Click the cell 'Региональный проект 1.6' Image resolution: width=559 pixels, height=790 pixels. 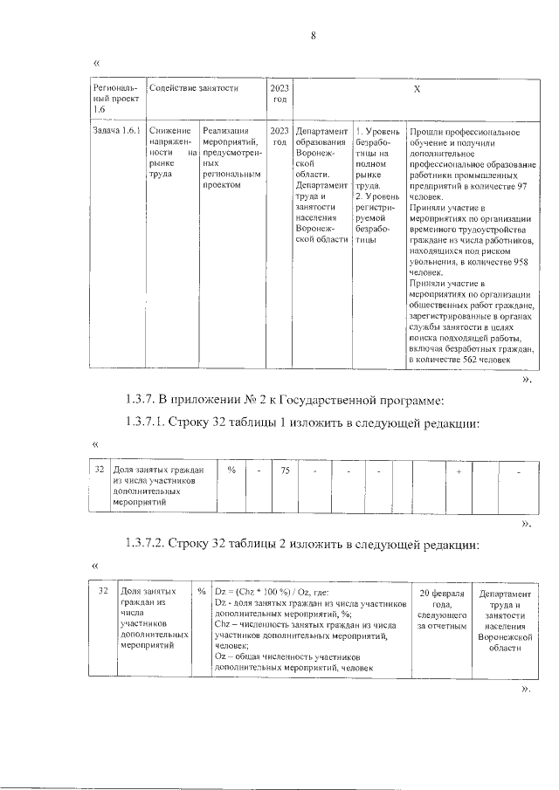117,100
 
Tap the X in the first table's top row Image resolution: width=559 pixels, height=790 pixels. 416,89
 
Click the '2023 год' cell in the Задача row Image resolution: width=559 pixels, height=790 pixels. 279,136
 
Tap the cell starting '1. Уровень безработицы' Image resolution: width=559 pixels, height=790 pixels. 376,189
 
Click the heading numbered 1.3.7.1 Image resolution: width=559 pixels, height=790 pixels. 302,425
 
